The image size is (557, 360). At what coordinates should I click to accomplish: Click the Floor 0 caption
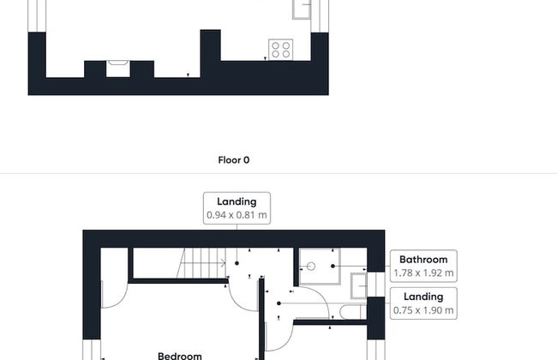tap(234, 160)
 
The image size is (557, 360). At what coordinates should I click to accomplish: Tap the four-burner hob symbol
tap(280, 50)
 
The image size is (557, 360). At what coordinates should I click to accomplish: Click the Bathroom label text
tap(423, 260)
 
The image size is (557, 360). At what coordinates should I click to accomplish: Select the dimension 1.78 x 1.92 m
tap(423, 273)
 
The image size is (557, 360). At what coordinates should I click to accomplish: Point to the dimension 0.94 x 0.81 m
tap(237, 215)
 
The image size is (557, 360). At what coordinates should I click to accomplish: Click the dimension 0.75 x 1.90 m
tap(423, 310)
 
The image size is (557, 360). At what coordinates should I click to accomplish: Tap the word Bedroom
tap(180, 356)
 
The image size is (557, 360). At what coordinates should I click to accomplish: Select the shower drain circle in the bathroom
tap(311, 267)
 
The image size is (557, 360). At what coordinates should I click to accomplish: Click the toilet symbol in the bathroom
tap(351, 312)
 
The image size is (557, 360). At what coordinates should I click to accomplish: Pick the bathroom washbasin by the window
tap(359, 285)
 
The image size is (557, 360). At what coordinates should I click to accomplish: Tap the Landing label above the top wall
tap(237, 201)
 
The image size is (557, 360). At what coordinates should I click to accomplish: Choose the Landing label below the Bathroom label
tap(423, 297)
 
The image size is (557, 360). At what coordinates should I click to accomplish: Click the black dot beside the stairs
tap(237, 263)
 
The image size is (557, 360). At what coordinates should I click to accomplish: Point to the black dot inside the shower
tap(332, 266)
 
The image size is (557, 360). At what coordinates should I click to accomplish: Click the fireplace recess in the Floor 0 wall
tap(118, 69)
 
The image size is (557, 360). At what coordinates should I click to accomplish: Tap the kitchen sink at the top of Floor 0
tap(302, 9)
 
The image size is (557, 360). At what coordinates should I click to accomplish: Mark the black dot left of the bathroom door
tap(278, 303)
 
